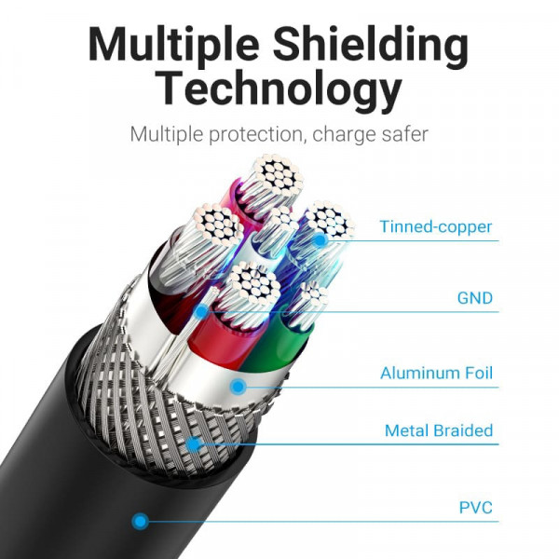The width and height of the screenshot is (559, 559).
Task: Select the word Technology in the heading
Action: tap(279, 91)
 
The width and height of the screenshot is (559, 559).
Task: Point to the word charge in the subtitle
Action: tap(341, 134)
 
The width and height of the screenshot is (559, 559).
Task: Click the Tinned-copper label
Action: tap(435, 226)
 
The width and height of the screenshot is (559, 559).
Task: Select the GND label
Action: tap(475, 299)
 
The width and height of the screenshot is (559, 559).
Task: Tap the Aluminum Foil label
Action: tap(436, 375)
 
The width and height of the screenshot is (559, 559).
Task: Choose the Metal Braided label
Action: tap(439, 430)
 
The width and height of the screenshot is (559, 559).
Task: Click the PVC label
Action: tap(475, 509)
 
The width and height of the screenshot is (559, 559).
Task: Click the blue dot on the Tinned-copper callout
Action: tap(320, 240)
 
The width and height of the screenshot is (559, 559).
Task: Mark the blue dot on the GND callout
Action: tap(201, 312)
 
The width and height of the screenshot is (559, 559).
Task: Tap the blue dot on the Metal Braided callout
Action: tap(195, 444)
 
